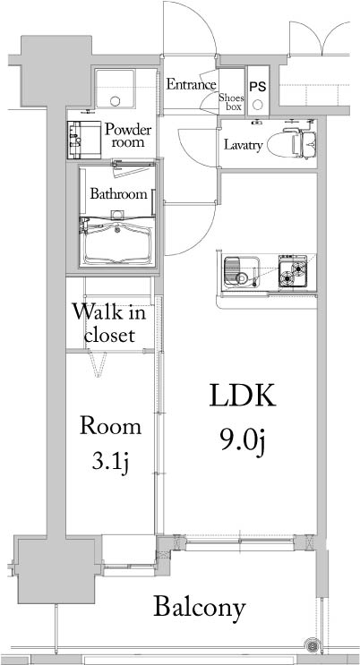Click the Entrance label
point(192,85)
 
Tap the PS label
point(258,87)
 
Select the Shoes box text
point(232,99)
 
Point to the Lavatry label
point(243,143)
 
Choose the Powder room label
point(127,136)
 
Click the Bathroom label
point(117,193)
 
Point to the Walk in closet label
point(110,324)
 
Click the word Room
point(110,426)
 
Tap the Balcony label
point(199,608)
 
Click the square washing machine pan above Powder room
point(114,90)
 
